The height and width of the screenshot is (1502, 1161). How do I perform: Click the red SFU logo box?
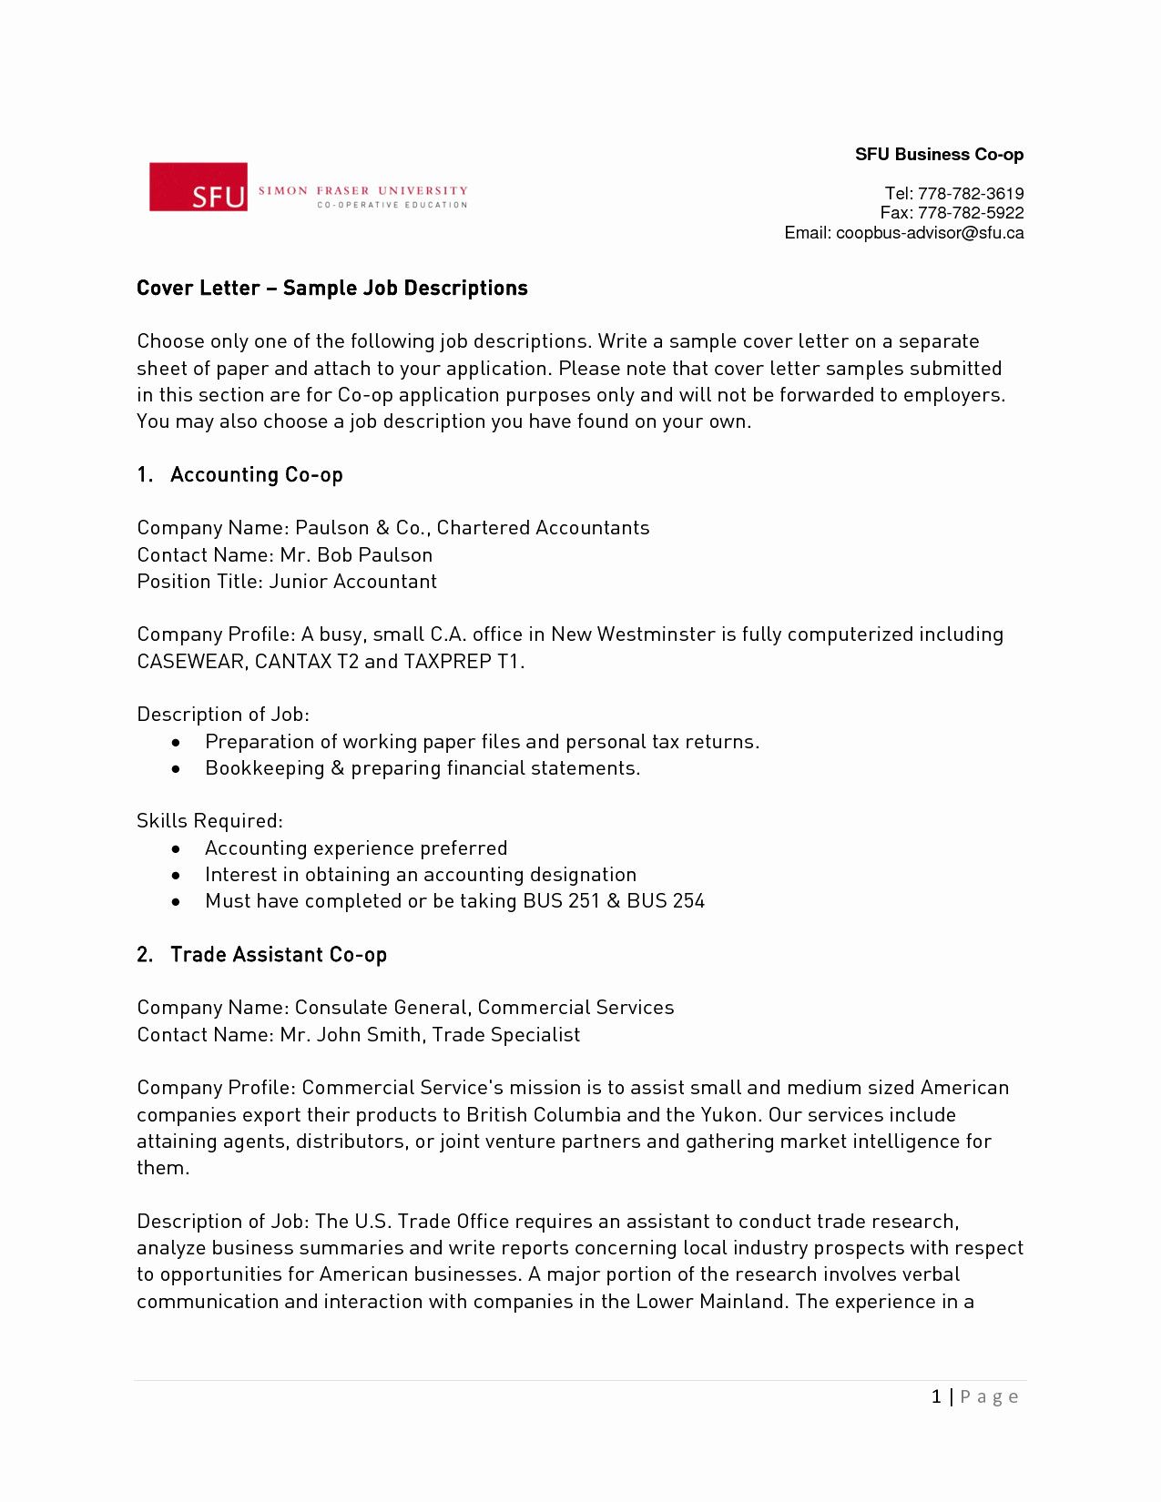pyautogui.click(x=199, y=187)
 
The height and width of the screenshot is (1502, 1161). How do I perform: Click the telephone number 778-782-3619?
pyautogui.click(x=970, y=193)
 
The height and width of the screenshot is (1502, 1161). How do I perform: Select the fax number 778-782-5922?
pyautogui.click(x=970, y=213)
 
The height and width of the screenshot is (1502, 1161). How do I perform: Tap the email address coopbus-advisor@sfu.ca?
pyautogui.click(x=929, y=233)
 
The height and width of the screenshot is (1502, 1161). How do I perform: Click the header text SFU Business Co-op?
pyautogui.click(x=939, y=155)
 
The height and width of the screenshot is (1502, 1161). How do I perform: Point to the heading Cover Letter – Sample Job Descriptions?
pyautogui.click(x=332, y=289)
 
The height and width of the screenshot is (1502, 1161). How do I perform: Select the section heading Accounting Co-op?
pyautogui.click(x=256, y=475)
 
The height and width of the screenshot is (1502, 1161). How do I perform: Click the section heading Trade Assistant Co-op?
pyautogui.click(x=278, y=955)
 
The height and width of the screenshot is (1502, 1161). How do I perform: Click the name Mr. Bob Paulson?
pyautogui.click(x=356, y=555)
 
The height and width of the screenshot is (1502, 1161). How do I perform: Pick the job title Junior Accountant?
pyautogui.click(x=352, y=582)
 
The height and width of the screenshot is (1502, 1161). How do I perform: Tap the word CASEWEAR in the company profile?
pyautogui.click(x=190, y=662)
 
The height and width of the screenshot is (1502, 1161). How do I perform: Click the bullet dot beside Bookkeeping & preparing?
pyautogui.click(x=176, y=769)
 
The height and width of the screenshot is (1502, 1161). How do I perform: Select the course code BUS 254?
pyautogui.click(x=666, y=901)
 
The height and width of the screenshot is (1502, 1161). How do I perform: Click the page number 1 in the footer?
pyautogui.click(x=936, y=1396)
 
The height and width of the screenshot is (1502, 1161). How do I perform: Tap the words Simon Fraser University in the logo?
pyautogui.click(x=362, y=191)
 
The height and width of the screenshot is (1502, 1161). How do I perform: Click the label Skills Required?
pyautogui.click(x=209, y=821)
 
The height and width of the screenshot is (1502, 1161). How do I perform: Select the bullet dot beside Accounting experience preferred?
pyautogui.click(x=176, y=848)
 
